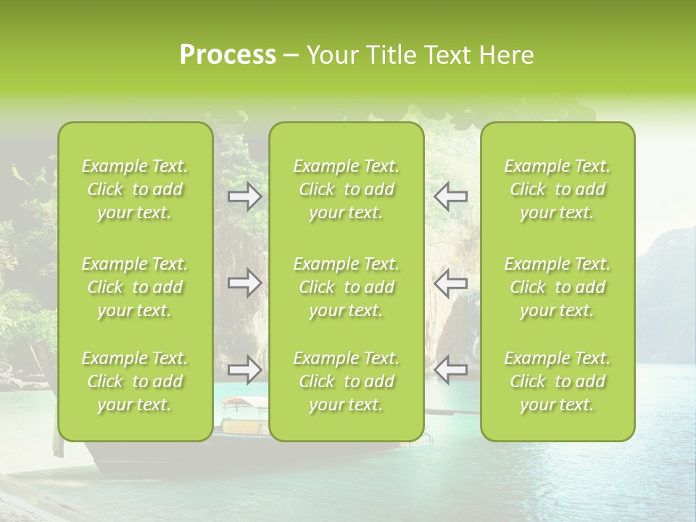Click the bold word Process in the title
(228, 55)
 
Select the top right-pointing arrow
(245, 196)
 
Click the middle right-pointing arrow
(245, 283)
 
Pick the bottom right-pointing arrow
(245, 369)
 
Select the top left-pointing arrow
(451, 196)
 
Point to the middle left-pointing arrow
(451, 283)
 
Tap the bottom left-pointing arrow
(451, 369)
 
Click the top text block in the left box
(135, 189)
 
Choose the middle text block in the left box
(135, 287)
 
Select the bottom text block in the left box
(135, 381)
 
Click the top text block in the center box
(347, 189)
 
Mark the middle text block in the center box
(347, 287)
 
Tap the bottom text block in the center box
(347, 381)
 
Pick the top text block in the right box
(558, 189)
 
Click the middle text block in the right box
(558, 287)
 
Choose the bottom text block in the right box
(558, 381)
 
